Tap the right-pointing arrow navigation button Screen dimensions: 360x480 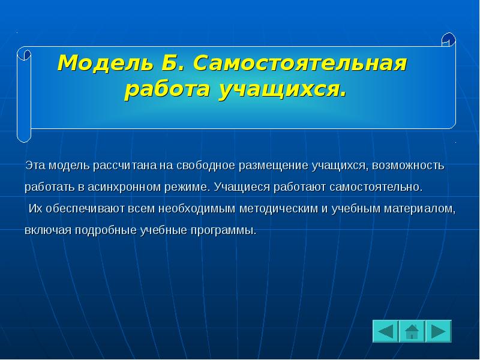439,331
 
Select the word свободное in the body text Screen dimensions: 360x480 205,165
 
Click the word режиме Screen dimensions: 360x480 187,187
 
